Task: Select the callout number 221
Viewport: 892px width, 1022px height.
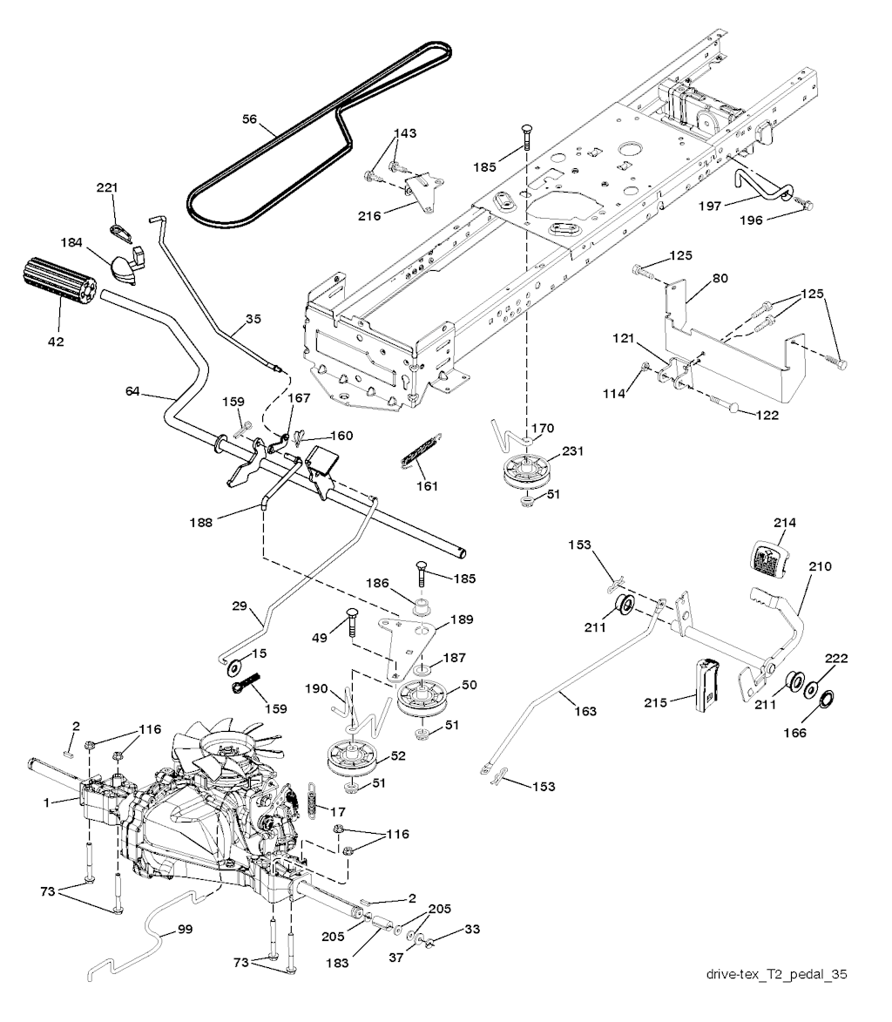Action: tap(107, 188)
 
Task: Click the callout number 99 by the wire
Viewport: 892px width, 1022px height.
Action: tap(184, 931)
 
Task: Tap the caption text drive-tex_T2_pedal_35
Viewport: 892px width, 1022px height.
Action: tap(777, 974)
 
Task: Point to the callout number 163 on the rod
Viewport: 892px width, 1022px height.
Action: tap(586, 711)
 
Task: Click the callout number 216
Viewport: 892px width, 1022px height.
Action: tap(370, 215)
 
